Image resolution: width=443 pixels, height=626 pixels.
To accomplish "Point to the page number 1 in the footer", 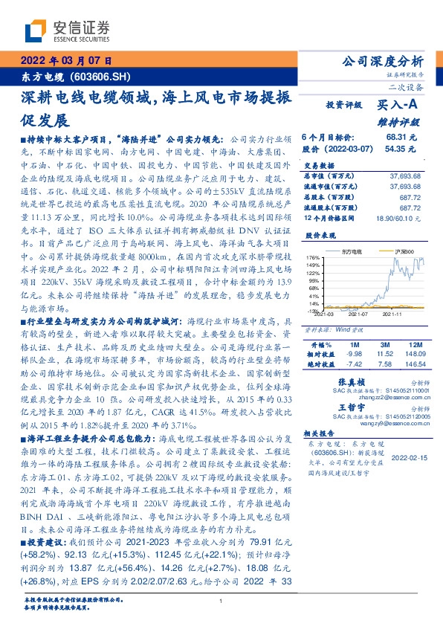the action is tap(221, 601).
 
